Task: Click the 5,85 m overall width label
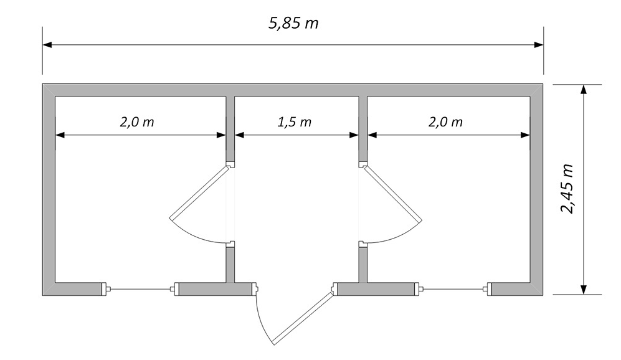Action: click(293, 24)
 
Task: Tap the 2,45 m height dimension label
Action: click(567, 189)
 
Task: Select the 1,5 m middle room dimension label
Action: click(294, 122)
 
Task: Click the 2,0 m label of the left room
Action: click(137, 122)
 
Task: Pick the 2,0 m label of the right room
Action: click(445, 122)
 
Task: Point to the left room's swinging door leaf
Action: click(199, 193)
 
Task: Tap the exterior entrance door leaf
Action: click(302, 318)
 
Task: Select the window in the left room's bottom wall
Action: click(141, 290)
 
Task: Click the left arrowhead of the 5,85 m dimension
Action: click(47, 45)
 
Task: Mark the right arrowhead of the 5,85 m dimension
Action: click(539, 45)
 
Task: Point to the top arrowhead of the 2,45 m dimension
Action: click(583, 89)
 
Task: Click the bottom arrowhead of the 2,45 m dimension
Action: click(583, 290)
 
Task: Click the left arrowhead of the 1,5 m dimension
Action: click(239, 135)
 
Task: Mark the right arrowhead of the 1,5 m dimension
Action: click(354, 135)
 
